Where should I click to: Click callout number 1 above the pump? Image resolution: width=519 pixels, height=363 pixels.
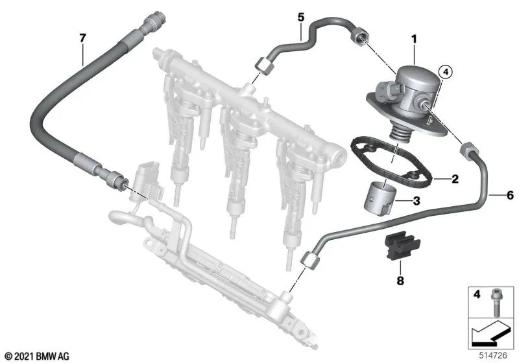(x=412, y=40)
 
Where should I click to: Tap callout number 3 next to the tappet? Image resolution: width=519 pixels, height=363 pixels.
(x=416, y=202)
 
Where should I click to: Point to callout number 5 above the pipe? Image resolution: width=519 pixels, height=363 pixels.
(x=300, y=14)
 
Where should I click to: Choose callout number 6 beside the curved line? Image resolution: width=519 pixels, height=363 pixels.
(x=509, y=194)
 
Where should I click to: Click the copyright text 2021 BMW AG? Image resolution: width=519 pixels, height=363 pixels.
(x=36, y=355)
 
